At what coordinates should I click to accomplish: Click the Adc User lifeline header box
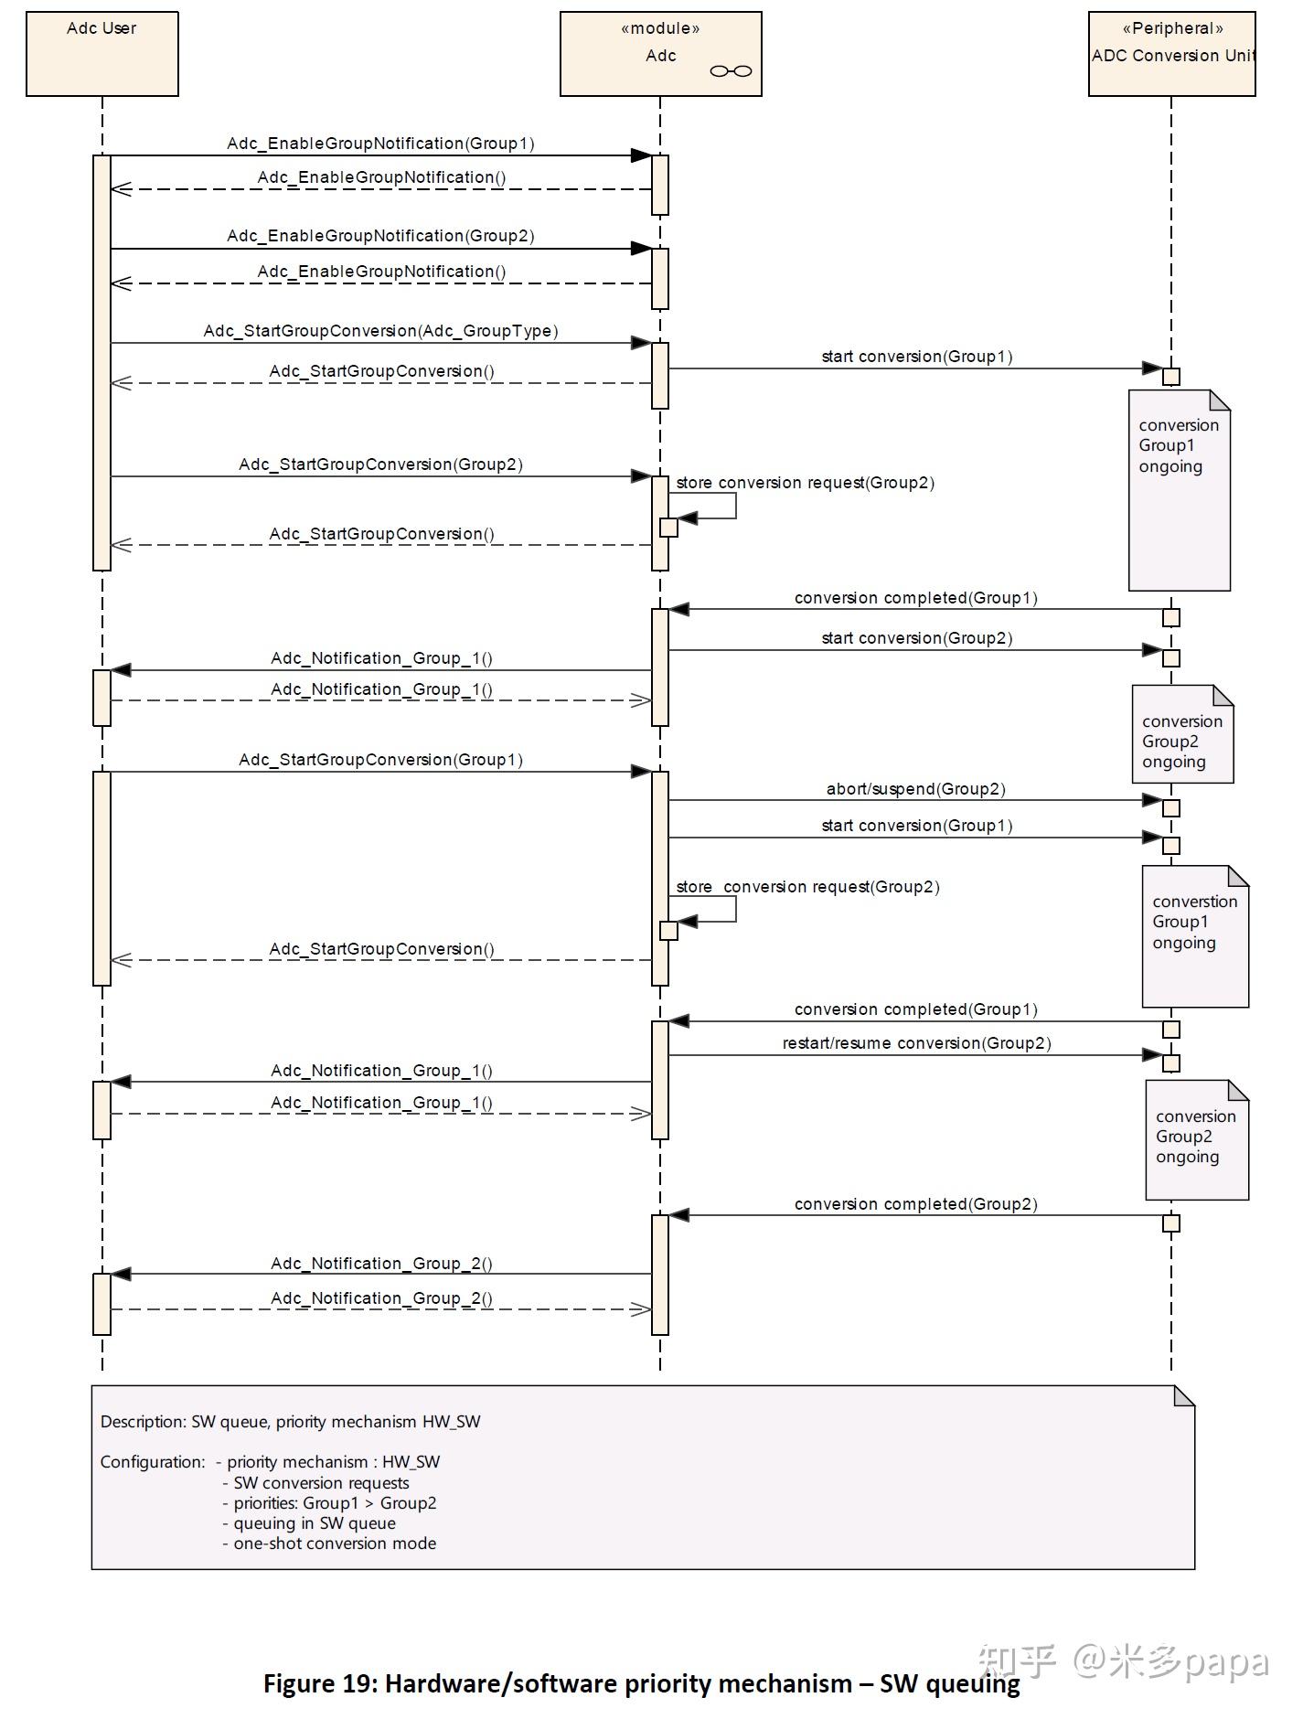point(101,53)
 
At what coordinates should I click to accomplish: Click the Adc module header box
point(660,53)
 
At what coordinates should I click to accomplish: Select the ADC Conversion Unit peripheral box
point(1171,53)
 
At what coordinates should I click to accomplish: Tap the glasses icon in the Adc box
point(731,71)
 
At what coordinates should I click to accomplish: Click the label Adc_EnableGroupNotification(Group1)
point(380,144)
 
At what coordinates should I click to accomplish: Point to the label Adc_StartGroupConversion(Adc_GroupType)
point(380,331)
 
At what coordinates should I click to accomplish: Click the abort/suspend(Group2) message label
point(915,789)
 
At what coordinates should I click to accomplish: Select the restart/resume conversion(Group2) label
point(916,1043)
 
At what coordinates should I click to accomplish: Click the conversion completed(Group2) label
point(915,1204)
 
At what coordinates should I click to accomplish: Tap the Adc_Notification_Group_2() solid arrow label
point(381,1264)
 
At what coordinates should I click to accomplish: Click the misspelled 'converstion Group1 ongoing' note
point(1194,923)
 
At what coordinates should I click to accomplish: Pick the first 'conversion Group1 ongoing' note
point(1179,446)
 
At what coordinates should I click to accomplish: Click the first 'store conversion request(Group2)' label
point(805,483)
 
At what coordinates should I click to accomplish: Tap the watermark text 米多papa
point(1188,1661)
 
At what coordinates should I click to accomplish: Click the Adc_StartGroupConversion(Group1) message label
point(380,760)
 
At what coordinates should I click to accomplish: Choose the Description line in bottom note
point(290,1422)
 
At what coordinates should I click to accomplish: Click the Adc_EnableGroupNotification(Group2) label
point(380,236)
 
